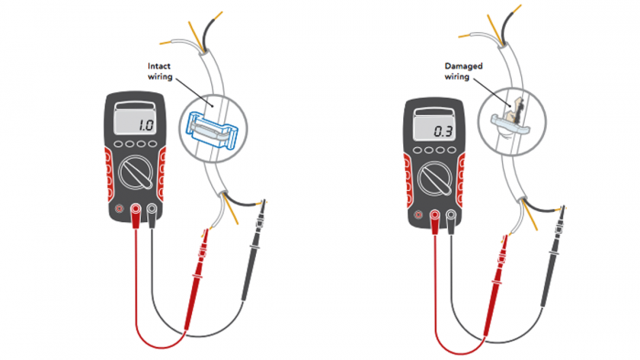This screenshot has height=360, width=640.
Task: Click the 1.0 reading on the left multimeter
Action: click(x=145, y=125)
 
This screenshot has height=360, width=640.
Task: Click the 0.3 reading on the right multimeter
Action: click(x=443, y=132)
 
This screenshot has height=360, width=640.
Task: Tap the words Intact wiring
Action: click(x=160, y=71)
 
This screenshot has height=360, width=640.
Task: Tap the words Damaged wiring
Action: click(x=464, y=71)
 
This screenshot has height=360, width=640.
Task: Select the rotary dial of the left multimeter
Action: click(x=136, y=173)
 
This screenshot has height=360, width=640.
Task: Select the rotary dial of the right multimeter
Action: click(x=434, y=178)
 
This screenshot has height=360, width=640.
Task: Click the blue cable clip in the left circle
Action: click(x=211, y=129)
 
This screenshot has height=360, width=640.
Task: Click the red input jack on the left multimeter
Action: click(x=135, y=209)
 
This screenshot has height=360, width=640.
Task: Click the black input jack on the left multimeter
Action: click(x=152, y=209)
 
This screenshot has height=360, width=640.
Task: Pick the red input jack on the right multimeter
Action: click(x=434, y=215)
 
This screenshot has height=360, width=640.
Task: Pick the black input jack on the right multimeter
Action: click(x=451, y=215)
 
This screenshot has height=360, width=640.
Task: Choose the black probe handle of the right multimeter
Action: click(x=552, y=257)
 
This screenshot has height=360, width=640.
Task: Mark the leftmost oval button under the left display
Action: click(x=119, y=144)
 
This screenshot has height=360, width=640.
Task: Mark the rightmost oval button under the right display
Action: click(x=452, y=150)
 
